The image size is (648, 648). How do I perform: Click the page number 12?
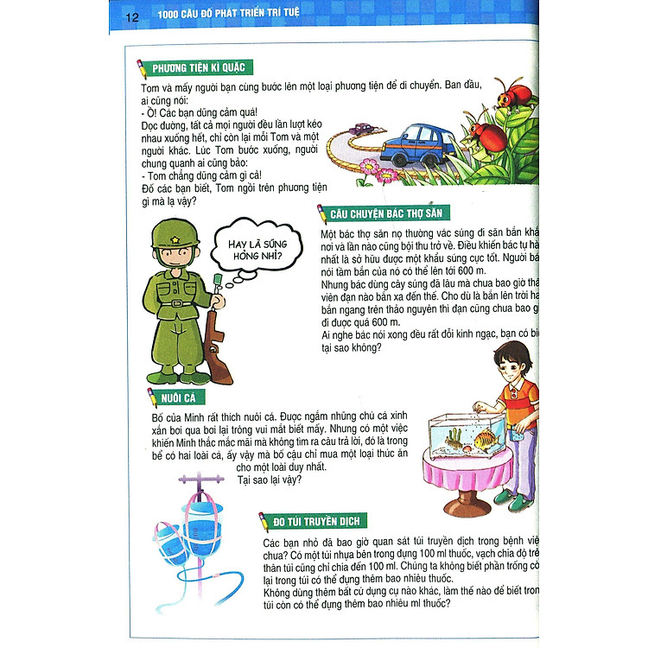131,16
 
